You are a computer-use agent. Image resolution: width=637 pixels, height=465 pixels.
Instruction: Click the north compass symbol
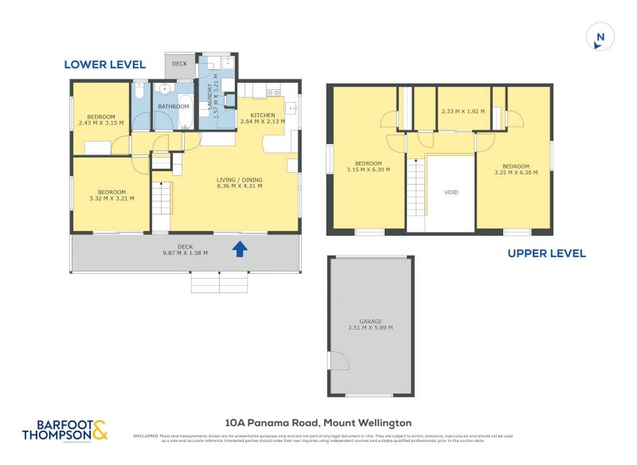point(600,37)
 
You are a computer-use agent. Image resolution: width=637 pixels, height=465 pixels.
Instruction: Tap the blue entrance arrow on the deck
point(240,250)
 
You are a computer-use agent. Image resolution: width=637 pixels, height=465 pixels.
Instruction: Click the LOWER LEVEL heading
point(104,64)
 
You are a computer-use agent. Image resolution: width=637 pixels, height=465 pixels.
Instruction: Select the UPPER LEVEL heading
point(547,253)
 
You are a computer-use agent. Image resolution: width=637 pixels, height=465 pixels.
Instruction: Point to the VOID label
point(451,193)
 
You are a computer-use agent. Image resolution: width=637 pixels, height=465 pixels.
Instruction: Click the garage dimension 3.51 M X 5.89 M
point(370,327)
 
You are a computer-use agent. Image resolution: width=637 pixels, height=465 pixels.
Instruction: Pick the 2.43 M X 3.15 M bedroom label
point(102,120)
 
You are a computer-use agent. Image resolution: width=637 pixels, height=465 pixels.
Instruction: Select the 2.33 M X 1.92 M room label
point(463,112)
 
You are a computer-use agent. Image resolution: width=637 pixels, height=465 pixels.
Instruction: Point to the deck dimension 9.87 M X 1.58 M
point(186,249)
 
